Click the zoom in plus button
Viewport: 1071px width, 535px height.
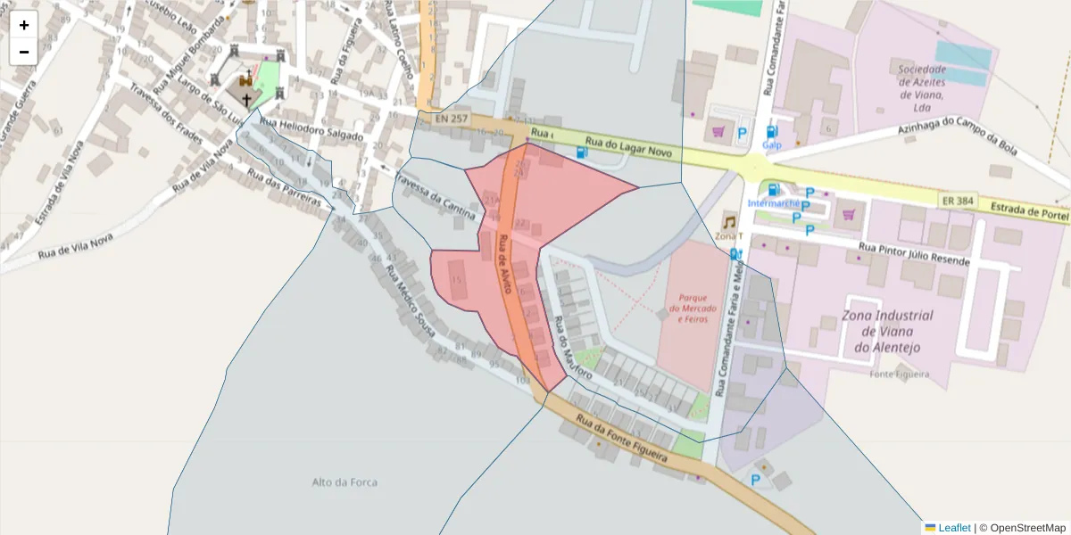[24, 25]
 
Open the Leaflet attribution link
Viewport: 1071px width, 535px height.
[954, 528]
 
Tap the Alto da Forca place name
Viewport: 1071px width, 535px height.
[345, 482]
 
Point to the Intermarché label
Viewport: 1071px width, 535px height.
[774, 203]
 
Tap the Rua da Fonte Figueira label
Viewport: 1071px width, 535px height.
[622, 438]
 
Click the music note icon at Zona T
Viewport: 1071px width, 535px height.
[729, 222]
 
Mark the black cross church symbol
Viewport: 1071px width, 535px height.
[247, 100]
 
